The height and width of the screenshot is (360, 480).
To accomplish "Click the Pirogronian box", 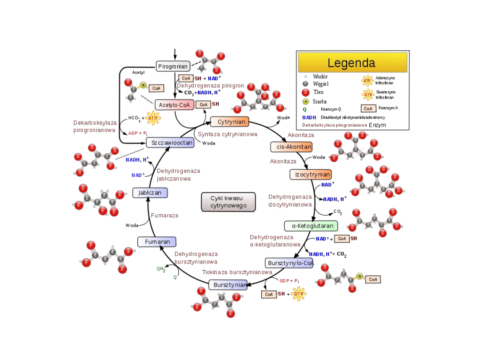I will [x=173, y=67].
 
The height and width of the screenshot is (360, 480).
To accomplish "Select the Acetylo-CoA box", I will [x=175, y=105].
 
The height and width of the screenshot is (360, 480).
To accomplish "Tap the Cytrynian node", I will [x=229, y=122].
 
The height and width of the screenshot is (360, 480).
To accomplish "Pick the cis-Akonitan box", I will [x=291, y=147].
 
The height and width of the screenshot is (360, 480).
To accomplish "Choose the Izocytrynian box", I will [x=310, y=174].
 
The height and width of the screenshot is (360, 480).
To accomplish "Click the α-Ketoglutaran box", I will [x=311, y=226].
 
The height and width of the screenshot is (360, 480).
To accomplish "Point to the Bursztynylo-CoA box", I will [x=290, y=263].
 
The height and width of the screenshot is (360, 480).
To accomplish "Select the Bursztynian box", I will [x=228, y=285].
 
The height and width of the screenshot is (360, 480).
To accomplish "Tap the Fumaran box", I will [x=157, y=242].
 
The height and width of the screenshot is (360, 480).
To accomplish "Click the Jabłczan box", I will [x=150, y=193].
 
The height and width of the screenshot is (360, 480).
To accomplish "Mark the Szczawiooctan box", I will [x=170, y=143].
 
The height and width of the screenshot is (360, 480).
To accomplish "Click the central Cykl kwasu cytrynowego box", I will [x=228, y=202].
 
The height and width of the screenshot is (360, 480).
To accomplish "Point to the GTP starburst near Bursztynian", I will [x=299, y=294].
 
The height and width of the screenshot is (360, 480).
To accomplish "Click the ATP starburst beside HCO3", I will [x=153, y=118].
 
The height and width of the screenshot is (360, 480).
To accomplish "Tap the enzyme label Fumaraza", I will [x=164, y=216].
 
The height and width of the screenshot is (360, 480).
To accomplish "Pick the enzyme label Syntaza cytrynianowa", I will [x=228, y=134].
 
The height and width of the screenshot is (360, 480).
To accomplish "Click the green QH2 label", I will [x=161, y=269].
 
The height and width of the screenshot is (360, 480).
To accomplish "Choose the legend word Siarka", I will [x=320, y=101].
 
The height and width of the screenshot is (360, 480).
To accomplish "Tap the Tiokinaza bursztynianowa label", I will [x=237, y=272].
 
